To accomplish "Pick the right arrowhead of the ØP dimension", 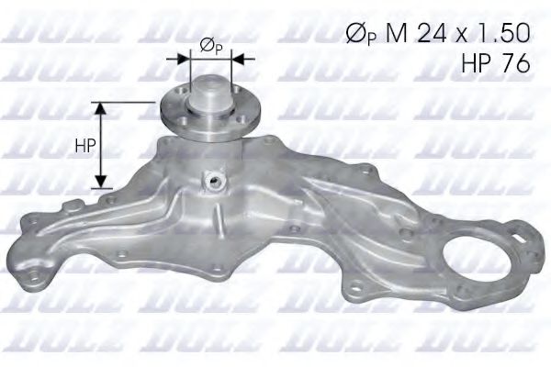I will [234, 58].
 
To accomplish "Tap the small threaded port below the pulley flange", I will [216, 178].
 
